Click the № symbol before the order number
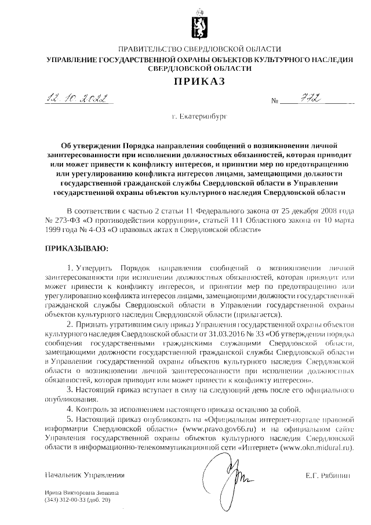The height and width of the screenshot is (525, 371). [276, 102]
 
